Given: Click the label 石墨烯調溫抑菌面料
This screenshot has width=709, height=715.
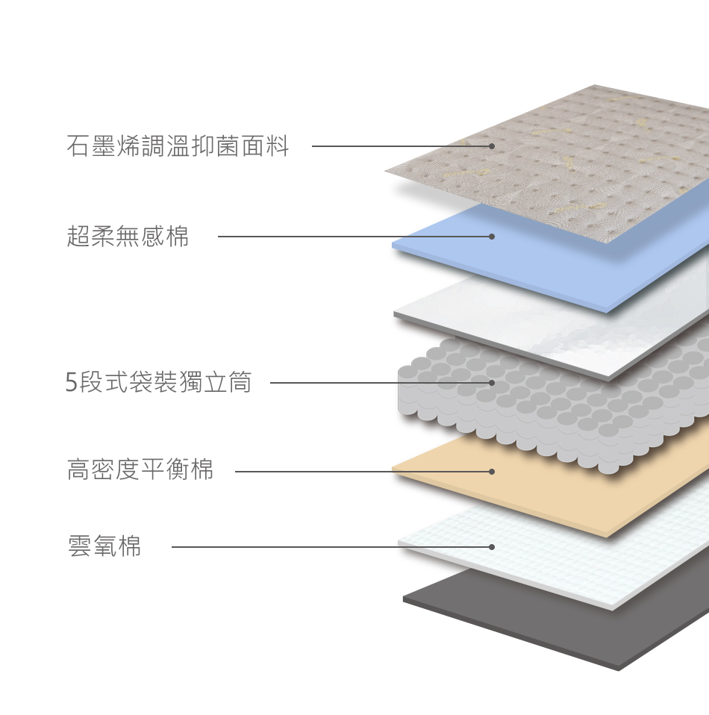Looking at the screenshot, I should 178,146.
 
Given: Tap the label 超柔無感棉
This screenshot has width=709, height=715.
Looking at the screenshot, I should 128,237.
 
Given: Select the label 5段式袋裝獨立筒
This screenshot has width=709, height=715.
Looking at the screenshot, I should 158,383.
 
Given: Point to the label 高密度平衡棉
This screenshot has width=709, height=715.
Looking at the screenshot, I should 140,470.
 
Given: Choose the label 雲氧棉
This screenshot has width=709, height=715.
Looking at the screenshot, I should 104,546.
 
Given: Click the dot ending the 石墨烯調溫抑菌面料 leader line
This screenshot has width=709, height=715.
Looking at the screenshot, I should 492,146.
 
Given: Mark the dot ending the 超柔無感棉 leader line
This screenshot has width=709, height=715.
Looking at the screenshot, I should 492,237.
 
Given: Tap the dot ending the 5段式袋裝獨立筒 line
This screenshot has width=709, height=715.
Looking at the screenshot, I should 492,383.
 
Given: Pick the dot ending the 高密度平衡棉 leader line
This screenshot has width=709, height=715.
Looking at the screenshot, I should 492,472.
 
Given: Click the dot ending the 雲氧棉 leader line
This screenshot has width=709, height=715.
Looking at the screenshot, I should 492,547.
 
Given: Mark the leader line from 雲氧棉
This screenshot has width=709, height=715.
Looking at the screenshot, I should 299,547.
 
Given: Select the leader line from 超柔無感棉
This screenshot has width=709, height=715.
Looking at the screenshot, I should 336,237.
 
